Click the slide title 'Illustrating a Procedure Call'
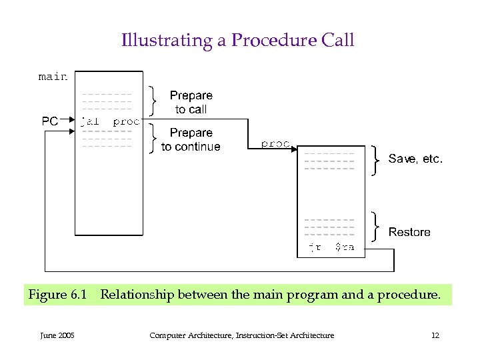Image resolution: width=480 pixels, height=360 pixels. (x=237, y=41)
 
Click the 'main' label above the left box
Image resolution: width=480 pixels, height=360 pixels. (x=53, y=77)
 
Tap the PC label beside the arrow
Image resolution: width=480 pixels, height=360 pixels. (x=50, y=121)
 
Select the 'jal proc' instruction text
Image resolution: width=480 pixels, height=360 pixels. (x=110, y=121)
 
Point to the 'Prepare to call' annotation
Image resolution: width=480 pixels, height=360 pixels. (x=191, y=102)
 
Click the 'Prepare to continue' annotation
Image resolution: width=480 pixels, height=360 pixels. (x=191, y=139)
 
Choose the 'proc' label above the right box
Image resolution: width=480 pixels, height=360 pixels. (x=275, y=143)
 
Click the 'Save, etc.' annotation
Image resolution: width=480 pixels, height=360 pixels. (x=415, y=159)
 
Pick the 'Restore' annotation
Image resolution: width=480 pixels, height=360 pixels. (x=409, y=232)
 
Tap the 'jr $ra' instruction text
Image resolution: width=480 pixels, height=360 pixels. (x=331, y=247)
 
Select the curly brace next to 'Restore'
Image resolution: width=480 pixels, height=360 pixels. (x=376, y=227)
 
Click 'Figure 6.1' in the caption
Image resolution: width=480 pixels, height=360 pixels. (x=57, y=294)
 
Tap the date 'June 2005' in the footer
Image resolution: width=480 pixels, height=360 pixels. (x=57, y=335)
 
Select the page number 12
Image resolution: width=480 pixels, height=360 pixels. (x=435, y=335)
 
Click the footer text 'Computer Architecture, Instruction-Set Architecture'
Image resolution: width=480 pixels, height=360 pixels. (x=241, y=335)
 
